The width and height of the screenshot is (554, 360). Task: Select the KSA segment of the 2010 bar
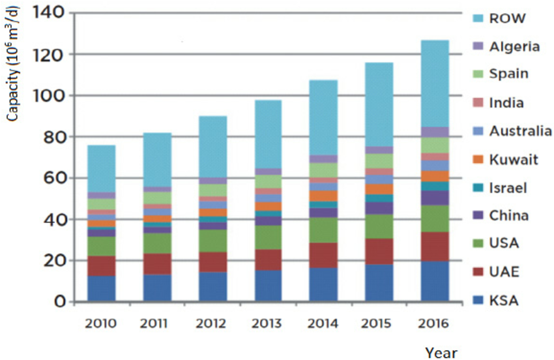point(101,289)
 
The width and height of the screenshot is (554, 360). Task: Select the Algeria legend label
point(514,46)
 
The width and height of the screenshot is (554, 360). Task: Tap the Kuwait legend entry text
point(514,159)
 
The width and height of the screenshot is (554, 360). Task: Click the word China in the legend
point(511,215)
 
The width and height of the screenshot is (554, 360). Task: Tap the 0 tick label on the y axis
point(59,302)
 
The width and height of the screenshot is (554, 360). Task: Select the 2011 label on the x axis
point(156,323)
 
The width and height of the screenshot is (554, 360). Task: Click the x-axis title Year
point(441,353)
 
